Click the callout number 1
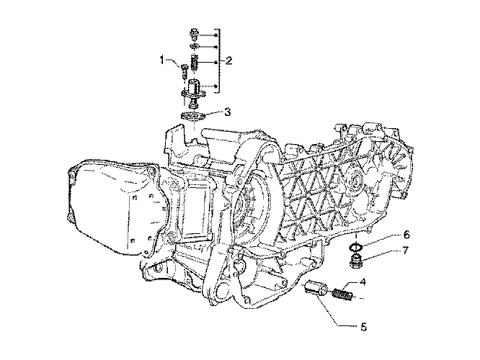tap(161, 60)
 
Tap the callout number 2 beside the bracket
tap(228, 60)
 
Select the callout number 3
tap(227, 112)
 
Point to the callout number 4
tap(363, 282)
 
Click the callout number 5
tap(363, 328)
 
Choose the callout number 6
tap(406, 235)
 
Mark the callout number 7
tap(405, 251)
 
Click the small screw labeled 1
tap(184, 71)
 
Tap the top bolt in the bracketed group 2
tap(194, 35)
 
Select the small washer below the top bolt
tap(194, 46)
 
